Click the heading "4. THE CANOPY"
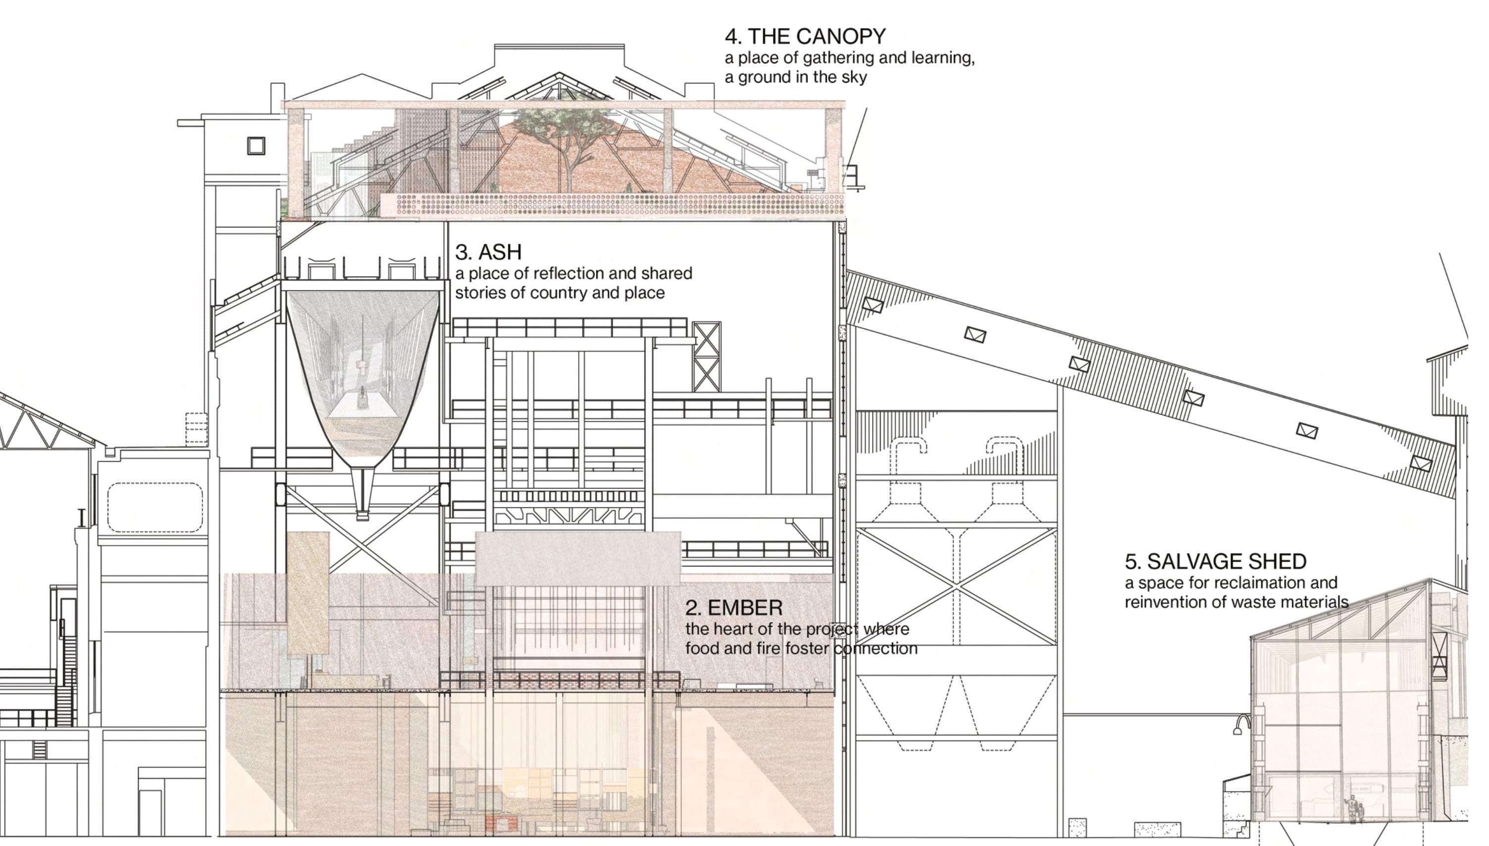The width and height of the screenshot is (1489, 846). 805,37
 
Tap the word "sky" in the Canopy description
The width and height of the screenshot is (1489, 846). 852,77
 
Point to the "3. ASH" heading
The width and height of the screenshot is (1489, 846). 488,252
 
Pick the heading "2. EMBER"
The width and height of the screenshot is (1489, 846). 734,608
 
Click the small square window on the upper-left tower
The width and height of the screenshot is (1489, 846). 256,145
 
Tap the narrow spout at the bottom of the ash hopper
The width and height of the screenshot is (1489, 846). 362,494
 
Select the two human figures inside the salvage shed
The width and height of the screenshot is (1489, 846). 1354,809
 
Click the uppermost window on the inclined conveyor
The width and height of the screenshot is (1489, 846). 872,304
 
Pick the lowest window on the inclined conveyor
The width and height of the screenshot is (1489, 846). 1421,464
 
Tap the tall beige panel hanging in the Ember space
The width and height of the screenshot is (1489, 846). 308,593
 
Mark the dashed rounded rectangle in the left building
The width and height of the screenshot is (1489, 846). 155,507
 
